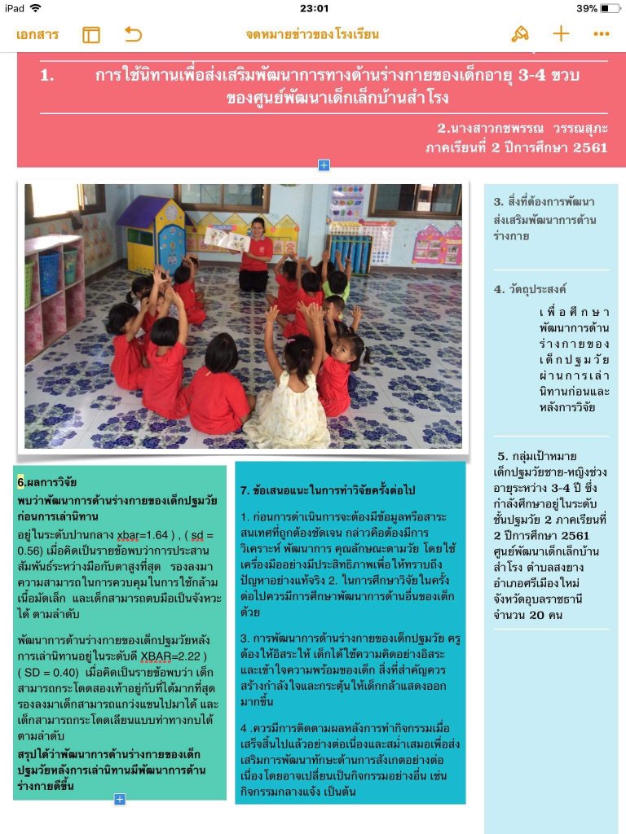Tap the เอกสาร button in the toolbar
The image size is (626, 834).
37,34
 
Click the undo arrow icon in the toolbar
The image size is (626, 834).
133,34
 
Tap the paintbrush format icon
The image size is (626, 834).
519,33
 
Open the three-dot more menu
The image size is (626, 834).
602,34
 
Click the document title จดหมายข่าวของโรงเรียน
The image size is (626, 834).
312,34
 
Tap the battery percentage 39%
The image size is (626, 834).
587,8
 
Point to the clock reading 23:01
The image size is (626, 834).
314,8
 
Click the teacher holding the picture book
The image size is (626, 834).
256,254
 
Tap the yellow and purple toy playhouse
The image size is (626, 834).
152,235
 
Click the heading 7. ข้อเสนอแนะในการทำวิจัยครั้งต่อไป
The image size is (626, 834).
328,490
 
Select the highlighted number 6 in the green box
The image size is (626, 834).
20,481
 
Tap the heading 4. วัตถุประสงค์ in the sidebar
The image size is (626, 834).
530,289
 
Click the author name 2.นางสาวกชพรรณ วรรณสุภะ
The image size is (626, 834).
522,129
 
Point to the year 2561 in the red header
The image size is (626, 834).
589,147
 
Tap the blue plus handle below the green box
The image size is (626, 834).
120,800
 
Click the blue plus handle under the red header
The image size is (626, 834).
324,165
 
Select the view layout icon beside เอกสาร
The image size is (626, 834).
91,34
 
